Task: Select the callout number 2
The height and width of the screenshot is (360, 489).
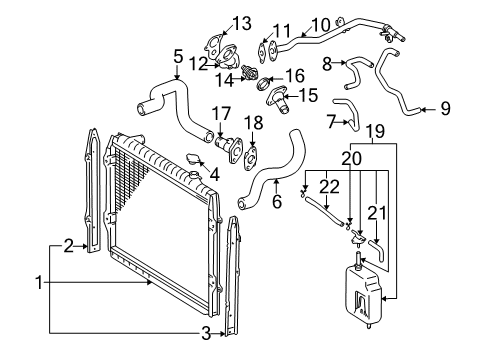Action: tap(69, 242)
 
